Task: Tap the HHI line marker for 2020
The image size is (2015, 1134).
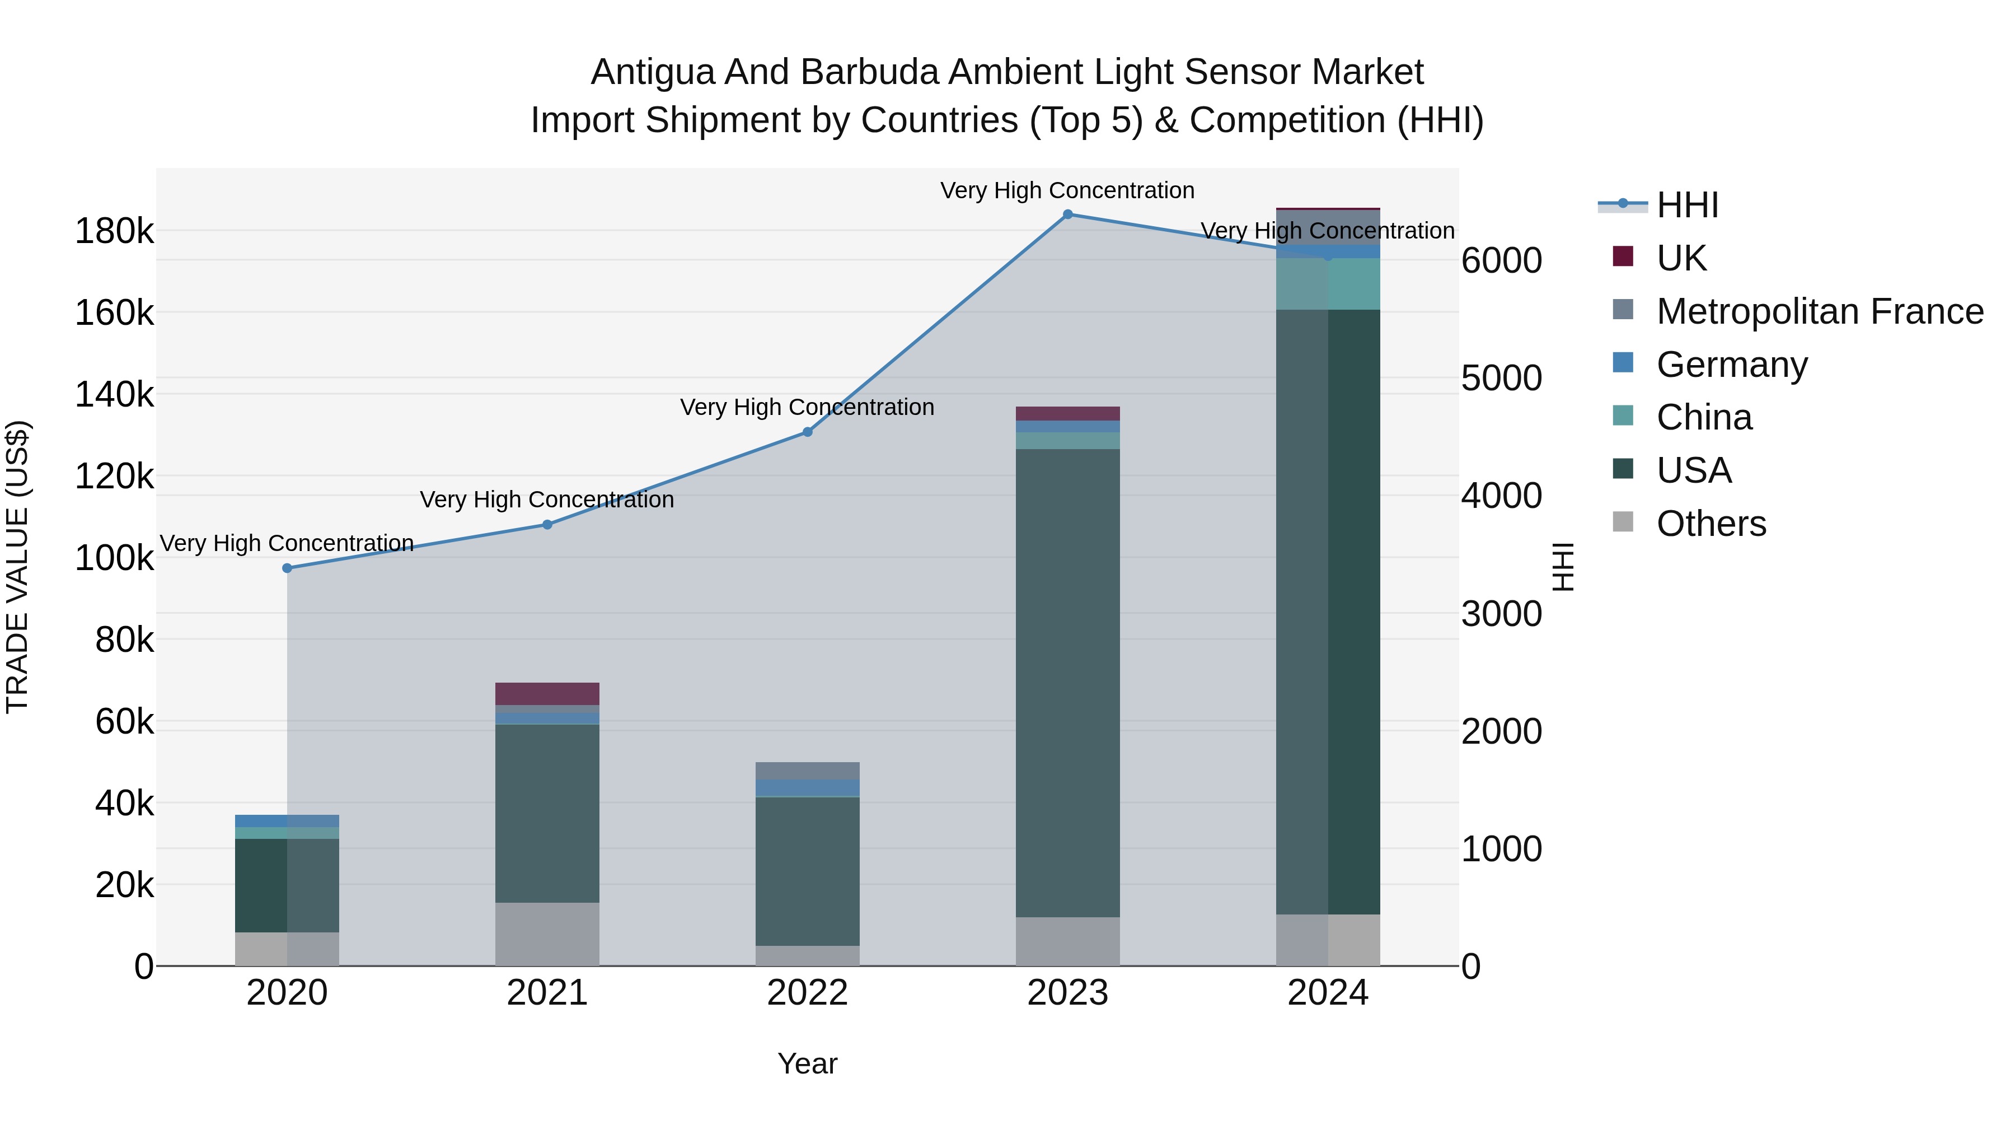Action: point(287,568)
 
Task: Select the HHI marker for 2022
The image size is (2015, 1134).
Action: point(807,432)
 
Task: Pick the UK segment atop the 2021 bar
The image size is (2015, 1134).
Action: point(547,693)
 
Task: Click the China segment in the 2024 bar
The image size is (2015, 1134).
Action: point(1328,284)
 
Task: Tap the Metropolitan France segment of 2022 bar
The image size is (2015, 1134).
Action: point(807,770)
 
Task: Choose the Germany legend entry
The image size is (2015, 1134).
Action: point(1731,365)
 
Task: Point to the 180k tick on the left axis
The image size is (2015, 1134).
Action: point(114,232)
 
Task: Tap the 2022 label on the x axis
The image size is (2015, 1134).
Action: point(807,993)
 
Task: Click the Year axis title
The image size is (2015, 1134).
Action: point(807,1063)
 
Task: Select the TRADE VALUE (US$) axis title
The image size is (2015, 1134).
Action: point(17,567)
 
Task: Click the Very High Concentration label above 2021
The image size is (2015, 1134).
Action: point(547,500)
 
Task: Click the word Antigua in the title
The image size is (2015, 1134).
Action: point(653,72)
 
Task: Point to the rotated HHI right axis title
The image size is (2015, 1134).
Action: point(1562,567)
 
